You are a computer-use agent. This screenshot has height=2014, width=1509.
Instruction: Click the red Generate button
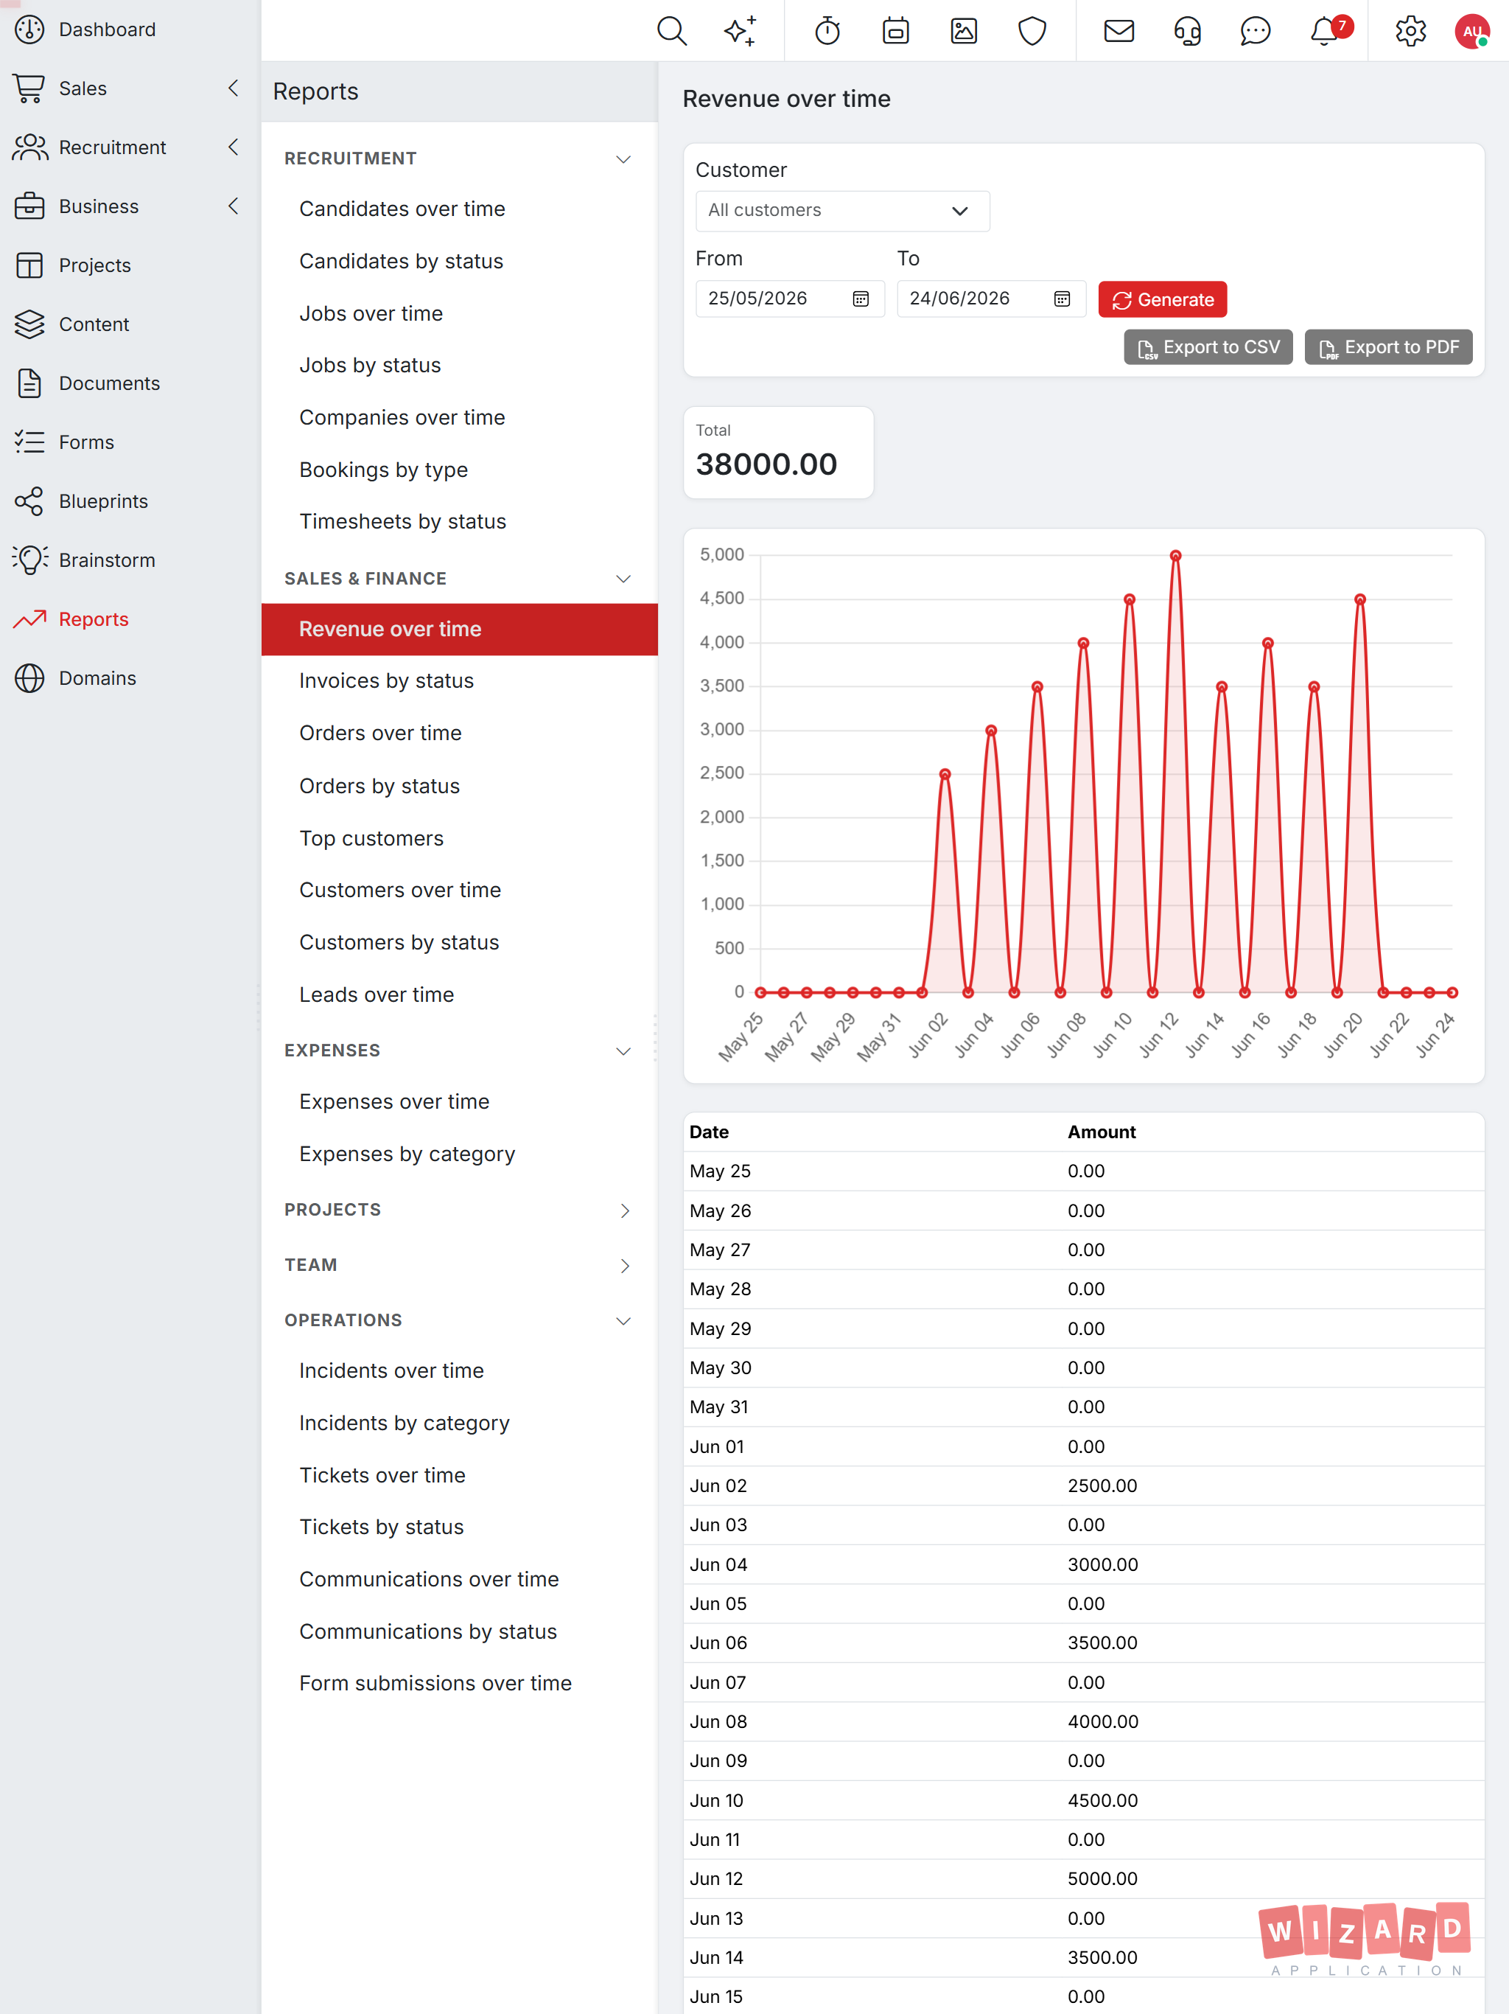pos(1162,299)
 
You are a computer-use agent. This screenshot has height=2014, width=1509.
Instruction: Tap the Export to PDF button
pos(1388,347)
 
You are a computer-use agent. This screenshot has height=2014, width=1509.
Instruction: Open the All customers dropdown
pos(842,210)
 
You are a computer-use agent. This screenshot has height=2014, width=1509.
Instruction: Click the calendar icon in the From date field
pos(860,299)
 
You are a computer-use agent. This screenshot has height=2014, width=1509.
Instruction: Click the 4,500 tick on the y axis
pos(722,598)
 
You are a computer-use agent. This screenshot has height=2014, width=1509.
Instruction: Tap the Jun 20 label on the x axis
pos(1342,1034)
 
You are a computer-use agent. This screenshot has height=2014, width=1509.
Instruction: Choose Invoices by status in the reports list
pos(386,681)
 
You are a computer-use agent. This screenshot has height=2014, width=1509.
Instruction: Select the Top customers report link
pos(371,839)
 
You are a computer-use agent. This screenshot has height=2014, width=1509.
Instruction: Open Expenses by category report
pos(407,1154)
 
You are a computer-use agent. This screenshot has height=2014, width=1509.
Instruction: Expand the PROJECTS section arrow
pos(624,1210)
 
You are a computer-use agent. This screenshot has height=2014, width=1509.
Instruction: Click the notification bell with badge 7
pos(1325,31)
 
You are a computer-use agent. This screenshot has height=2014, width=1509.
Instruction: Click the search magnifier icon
pos(672,31)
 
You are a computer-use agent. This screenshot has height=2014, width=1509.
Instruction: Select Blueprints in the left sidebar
pos(103,502)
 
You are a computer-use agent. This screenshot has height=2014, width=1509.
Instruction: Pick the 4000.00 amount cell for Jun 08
pos(1102,1722)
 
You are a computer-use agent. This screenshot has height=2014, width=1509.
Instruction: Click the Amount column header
pos(1102,1132)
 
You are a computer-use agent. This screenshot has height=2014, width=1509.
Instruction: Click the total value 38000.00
pos(766,464)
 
